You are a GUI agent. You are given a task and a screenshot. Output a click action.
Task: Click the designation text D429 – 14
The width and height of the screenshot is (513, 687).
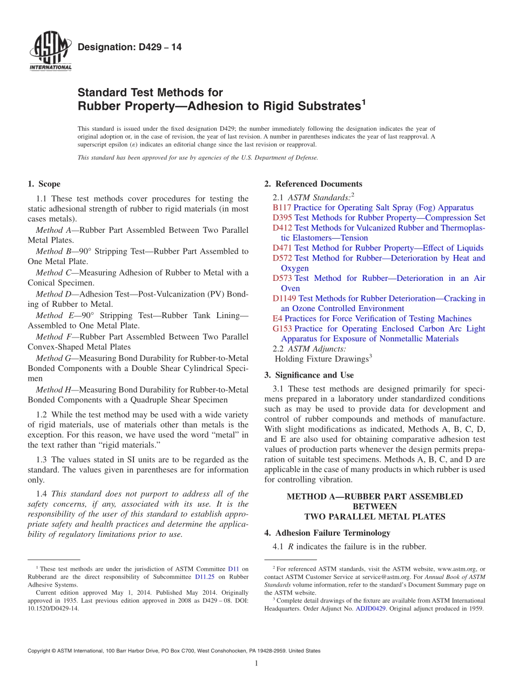tap(130, 48)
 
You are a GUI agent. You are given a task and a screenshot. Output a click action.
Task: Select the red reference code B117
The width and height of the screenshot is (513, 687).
tap(282, 207)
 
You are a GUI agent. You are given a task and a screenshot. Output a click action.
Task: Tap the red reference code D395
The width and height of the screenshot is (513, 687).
tap(282, 218)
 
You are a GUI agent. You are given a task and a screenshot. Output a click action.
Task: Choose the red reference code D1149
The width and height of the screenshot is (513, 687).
tap(285, 298)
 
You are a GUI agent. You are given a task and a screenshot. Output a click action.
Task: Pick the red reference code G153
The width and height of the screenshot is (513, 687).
tap(282, 328)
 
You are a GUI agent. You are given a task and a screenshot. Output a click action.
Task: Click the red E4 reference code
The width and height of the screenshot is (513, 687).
tap(278, 319)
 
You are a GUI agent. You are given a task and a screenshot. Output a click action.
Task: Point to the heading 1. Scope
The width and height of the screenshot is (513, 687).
tap(44, 184)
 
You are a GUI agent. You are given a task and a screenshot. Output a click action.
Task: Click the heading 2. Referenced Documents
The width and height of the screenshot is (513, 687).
tap(313, 184)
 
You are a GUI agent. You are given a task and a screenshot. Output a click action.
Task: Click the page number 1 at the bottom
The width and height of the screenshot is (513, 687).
tap(256, 663)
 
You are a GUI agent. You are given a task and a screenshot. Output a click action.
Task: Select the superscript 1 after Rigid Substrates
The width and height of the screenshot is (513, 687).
tap(363, 101)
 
